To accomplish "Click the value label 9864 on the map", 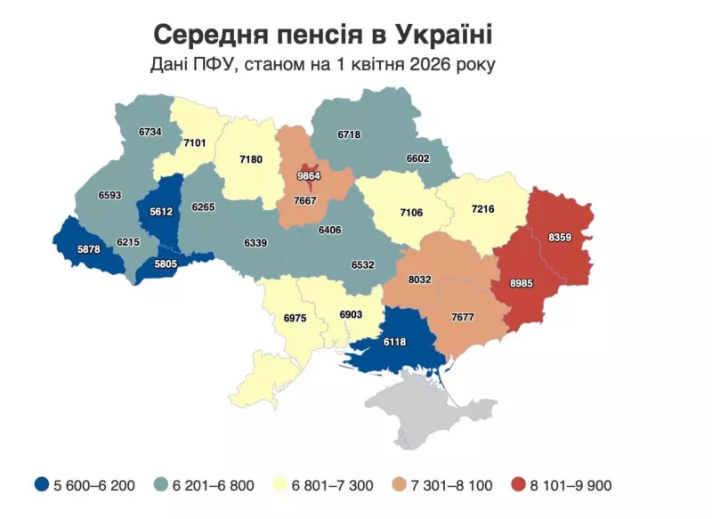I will tap(309, 176).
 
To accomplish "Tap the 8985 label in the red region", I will tap(522, 283).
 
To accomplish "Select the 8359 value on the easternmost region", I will tap(560, 237).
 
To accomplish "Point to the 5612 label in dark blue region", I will tap(160, 212).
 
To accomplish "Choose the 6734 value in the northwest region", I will tap(150, 132).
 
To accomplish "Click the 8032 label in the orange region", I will tap(419, 280).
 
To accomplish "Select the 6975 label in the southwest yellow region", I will tap(295, 318).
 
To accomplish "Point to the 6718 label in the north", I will tap(350, 134).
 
